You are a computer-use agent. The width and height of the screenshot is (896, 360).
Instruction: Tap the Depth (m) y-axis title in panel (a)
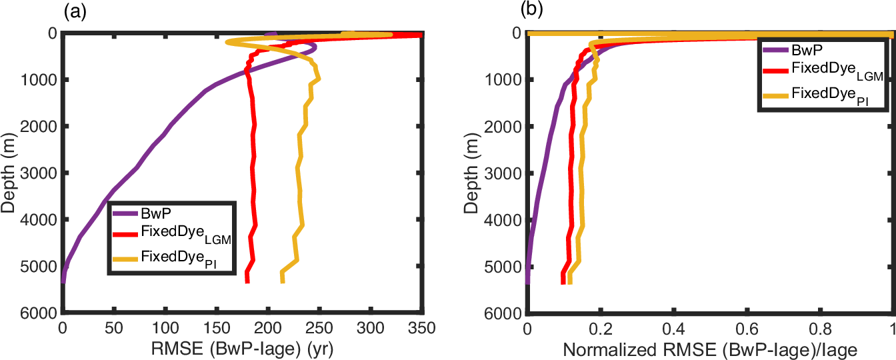[x=9, y=172]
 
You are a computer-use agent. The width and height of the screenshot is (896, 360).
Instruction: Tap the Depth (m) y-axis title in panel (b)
[x=473, y=172]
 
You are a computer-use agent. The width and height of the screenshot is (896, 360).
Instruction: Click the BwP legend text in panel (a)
[x=153, y=214]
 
